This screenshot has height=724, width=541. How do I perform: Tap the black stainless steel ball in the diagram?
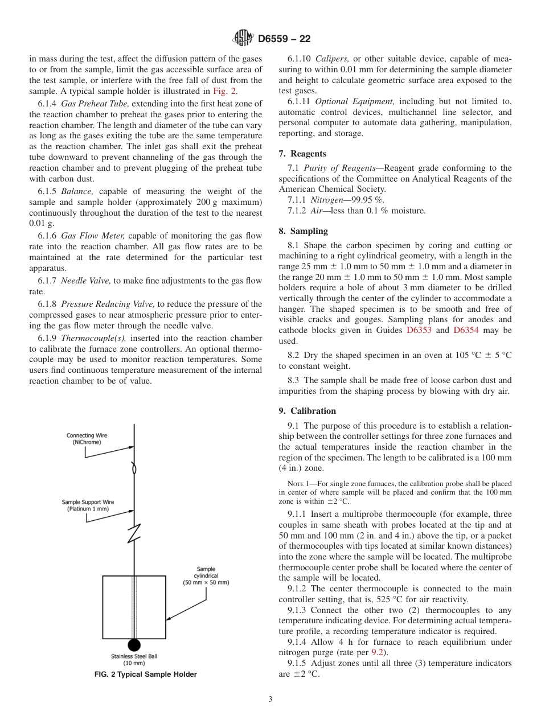pos(134,645)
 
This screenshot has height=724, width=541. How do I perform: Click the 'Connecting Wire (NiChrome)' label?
pos(87,439)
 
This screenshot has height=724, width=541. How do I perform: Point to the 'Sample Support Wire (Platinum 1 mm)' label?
pos(88,505)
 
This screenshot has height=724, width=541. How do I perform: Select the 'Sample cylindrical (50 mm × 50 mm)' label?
pos(206,575)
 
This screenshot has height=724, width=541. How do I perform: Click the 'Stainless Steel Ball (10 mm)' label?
pos(134,659)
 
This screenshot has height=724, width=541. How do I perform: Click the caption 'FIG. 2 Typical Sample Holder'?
pos(145,674)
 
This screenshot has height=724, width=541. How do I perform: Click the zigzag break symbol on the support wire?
pos(134,535)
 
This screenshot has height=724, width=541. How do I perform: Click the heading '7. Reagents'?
pos(302,154)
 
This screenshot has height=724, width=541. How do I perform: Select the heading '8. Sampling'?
pos(303,231)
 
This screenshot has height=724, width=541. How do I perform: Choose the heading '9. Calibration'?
pos(307,411)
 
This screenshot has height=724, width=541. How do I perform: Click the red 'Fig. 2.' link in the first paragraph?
pos(225,91)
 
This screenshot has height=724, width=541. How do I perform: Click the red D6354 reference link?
pos(466,330)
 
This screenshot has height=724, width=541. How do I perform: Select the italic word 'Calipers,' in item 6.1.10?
pos(332,59)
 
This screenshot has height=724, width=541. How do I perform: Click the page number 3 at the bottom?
pos(270,700)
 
